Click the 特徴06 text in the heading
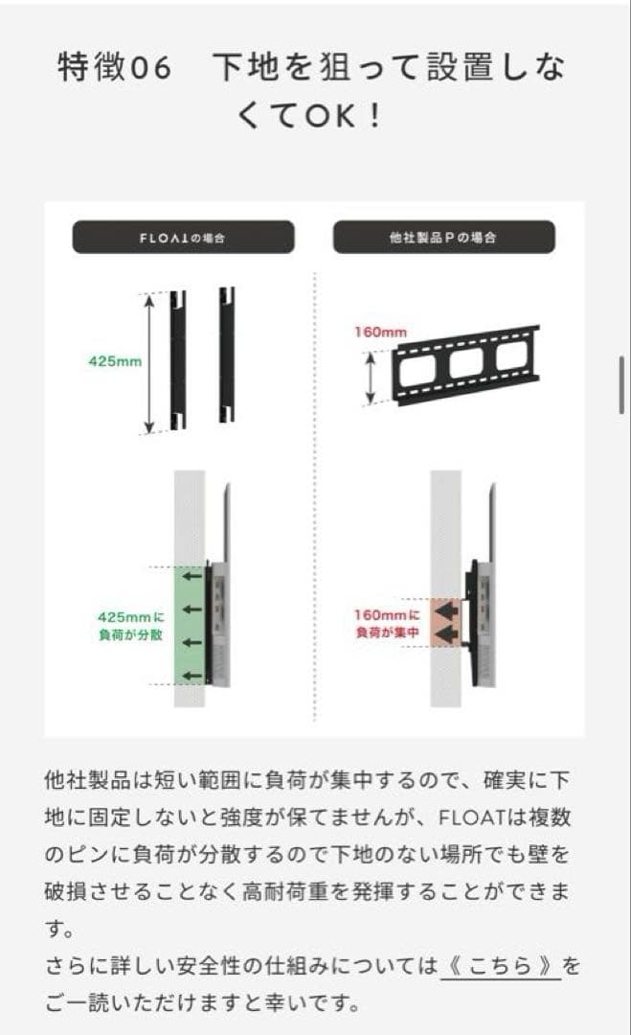coord(114,68)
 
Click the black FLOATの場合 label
coord(183,237)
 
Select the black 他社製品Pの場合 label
coord(443,237)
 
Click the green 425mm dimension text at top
coord(115,362)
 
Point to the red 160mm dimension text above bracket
coord(380,333)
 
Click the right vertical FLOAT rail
coord(226,356)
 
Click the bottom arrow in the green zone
coord(193,676)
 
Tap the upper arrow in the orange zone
coord(447,609)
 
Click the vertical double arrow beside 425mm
coord(149,362)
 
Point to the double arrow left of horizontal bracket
coord(372,377)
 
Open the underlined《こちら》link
coord(500,967)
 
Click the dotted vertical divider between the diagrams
coord(315,498)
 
